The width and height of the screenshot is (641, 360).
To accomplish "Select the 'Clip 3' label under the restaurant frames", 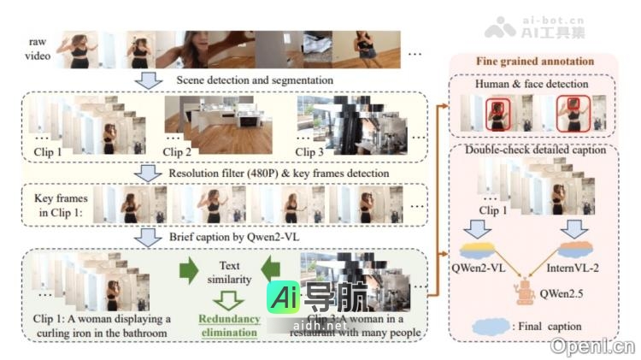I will point(312,151).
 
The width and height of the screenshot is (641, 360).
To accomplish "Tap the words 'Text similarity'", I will point(223,274).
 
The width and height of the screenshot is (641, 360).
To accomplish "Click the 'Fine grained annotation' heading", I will point(535,62).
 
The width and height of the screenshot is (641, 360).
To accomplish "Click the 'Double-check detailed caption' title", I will point(536,150).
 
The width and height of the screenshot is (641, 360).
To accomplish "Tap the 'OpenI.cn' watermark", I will point(593,345).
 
